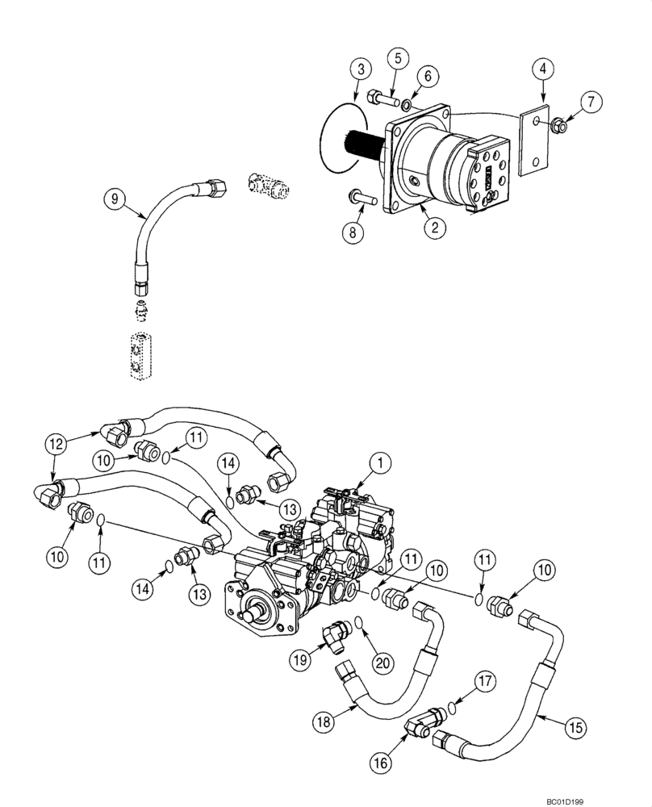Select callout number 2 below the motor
coord(434,228)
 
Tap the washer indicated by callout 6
coord(407,104)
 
